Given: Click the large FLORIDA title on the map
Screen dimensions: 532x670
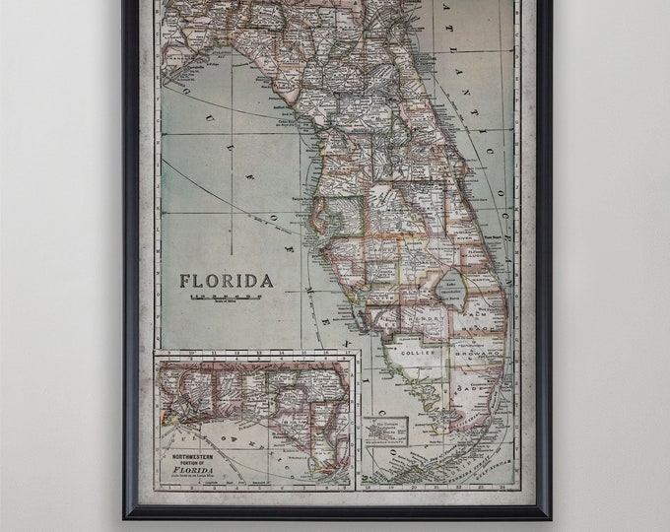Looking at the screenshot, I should (226, 281).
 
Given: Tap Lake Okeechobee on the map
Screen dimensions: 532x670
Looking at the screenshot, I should (452, 286).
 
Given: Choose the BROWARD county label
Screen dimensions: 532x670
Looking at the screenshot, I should (479, 352).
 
